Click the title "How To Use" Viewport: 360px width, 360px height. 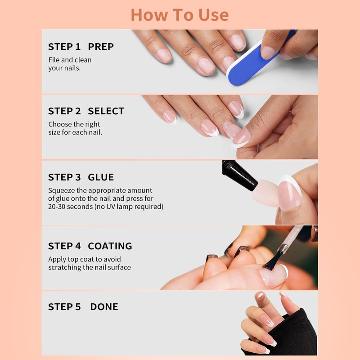click(x=180, y=15)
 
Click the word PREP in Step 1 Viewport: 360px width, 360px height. click(x=101, y=47)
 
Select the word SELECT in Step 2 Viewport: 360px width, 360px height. click(x=106, y=111)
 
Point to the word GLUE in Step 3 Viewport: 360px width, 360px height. click(x=101, y=177)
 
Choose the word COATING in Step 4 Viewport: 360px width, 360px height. click(x=110, y=246)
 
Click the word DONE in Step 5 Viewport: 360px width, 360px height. click(x=104, y=307)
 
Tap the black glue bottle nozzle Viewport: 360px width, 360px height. click(x=239, y=175)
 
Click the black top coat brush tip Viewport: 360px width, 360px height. click(x=272, y=261)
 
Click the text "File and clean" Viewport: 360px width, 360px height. click(x=70, y=60)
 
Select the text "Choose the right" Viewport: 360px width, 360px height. click(x=74, y=125)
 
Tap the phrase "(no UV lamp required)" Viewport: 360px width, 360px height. click(x=129, y=207)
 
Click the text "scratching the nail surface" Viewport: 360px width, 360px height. click(x=90, y=267)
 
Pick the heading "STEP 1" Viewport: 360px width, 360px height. click(x=64, y=47)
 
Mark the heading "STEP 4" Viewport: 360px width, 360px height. click(x=64, y=246)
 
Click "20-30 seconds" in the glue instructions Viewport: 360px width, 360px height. click(x=71, y=207)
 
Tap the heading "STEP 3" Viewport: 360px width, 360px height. click(x=64, y=177)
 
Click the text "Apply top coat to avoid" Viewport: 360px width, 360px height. click(x=85, y=260)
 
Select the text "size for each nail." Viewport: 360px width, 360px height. click(x=75, y=132)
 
